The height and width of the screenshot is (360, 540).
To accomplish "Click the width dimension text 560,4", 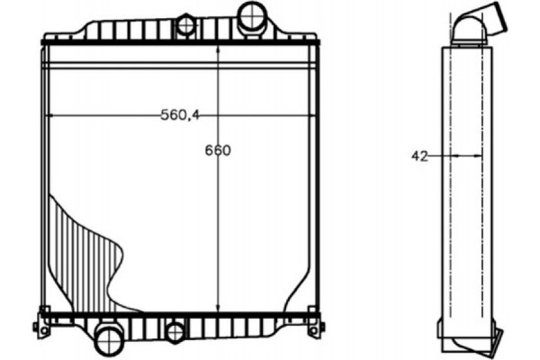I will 180,114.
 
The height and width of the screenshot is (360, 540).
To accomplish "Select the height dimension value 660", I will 217,150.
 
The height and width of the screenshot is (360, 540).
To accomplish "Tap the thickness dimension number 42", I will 419,156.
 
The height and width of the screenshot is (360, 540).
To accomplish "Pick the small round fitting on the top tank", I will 186,24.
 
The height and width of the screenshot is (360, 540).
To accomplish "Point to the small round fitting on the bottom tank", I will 175,331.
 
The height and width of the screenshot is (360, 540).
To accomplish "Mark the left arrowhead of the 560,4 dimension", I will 50,115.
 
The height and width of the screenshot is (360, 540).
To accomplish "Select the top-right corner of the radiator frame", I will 317,40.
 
